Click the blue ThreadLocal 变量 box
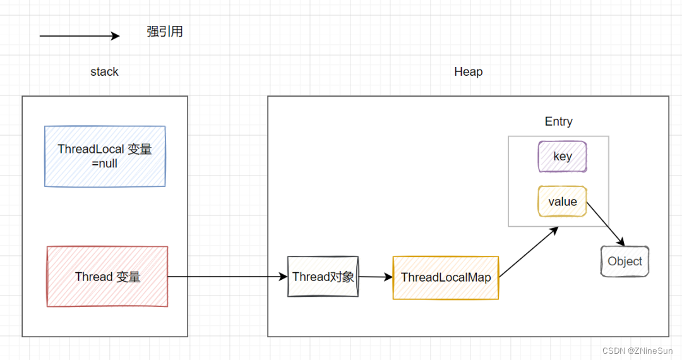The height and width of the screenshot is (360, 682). point(105,156)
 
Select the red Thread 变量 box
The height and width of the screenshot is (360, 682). point(107,277)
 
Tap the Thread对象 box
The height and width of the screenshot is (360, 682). point(323,277)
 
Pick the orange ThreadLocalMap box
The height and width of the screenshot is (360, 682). point(446,277)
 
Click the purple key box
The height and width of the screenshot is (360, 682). point(562,157)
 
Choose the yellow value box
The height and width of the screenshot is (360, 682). point(562,201)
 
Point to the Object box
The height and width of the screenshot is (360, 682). point(625,261)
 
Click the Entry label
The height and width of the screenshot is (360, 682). point(558,122)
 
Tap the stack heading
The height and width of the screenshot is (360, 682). point(104,72)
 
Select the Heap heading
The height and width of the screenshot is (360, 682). point(468,72)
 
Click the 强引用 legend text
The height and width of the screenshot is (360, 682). point(165,32)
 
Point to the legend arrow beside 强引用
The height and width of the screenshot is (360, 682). point(79,36)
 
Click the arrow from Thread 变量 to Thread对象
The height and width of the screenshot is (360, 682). point(227,277)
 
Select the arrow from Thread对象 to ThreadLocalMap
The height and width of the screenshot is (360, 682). point(375,277)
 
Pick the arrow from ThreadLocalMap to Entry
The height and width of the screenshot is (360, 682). point(529,252)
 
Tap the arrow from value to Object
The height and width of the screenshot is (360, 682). point(605,224)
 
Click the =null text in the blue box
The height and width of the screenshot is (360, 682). point(105,164)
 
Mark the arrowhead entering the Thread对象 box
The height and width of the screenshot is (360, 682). point(284,277)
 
